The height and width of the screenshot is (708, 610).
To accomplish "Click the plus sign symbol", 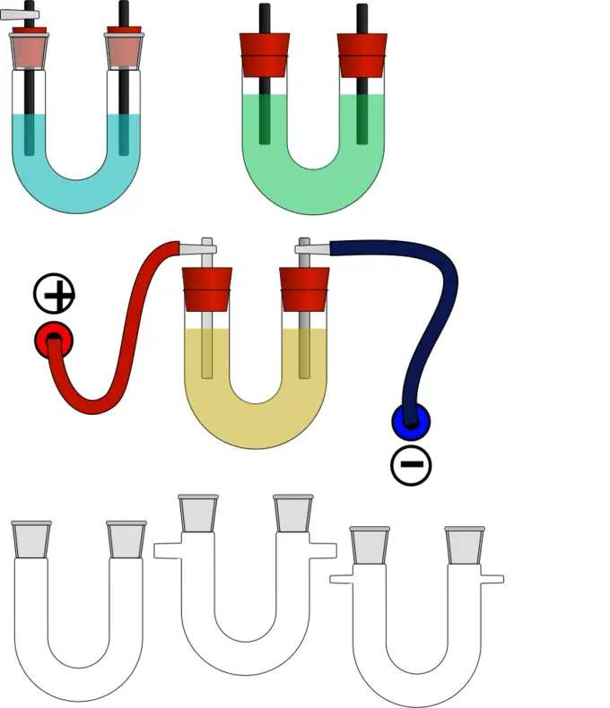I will point(54,291).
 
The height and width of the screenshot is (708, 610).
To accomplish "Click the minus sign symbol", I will point(411,464).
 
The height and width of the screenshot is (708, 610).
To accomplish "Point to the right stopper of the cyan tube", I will point(125,50).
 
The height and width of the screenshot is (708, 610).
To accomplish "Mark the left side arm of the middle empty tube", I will point(168,550).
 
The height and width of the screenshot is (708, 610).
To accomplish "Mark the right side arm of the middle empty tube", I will point(320,550).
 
